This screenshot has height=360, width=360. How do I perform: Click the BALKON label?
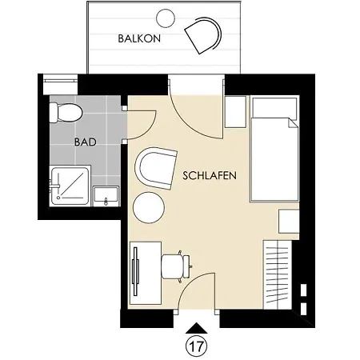coord(139,38)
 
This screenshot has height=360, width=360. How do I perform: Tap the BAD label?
coord(86,142)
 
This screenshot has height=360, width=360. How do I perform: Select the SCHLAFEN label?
coord(210,176)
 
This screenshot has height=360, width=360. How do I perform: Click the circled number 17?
coord(196,346)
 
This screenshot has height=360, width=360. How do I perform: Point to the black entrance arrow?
coord(197,328)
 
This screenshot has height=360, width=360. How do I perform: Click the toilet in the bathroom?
coord(66,114)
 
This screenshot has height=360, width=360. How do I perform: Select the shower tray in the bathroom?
coord(70,186)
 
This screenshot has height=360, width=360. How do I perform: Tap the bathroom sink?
coord(106,196)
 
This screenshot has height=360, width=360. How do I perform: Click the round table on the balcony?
coord(166,18)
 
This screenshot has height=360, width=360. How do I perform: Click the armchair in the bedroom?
coord(156,168)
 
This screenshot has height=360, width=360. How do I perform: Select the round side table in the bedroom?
coord(149,207)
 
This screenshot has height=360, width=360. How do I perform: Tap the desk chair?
coord(175,266)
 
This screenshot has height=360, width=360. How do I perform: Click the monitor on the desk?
coord(136,271)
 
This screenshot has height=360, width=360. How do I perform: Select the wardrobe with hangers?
coord(278,274)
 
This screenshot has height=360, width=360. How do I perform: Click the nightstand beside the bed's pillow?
coord(235,112)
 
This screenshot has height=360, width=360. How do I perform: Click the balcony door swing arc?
coord(191,119)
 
